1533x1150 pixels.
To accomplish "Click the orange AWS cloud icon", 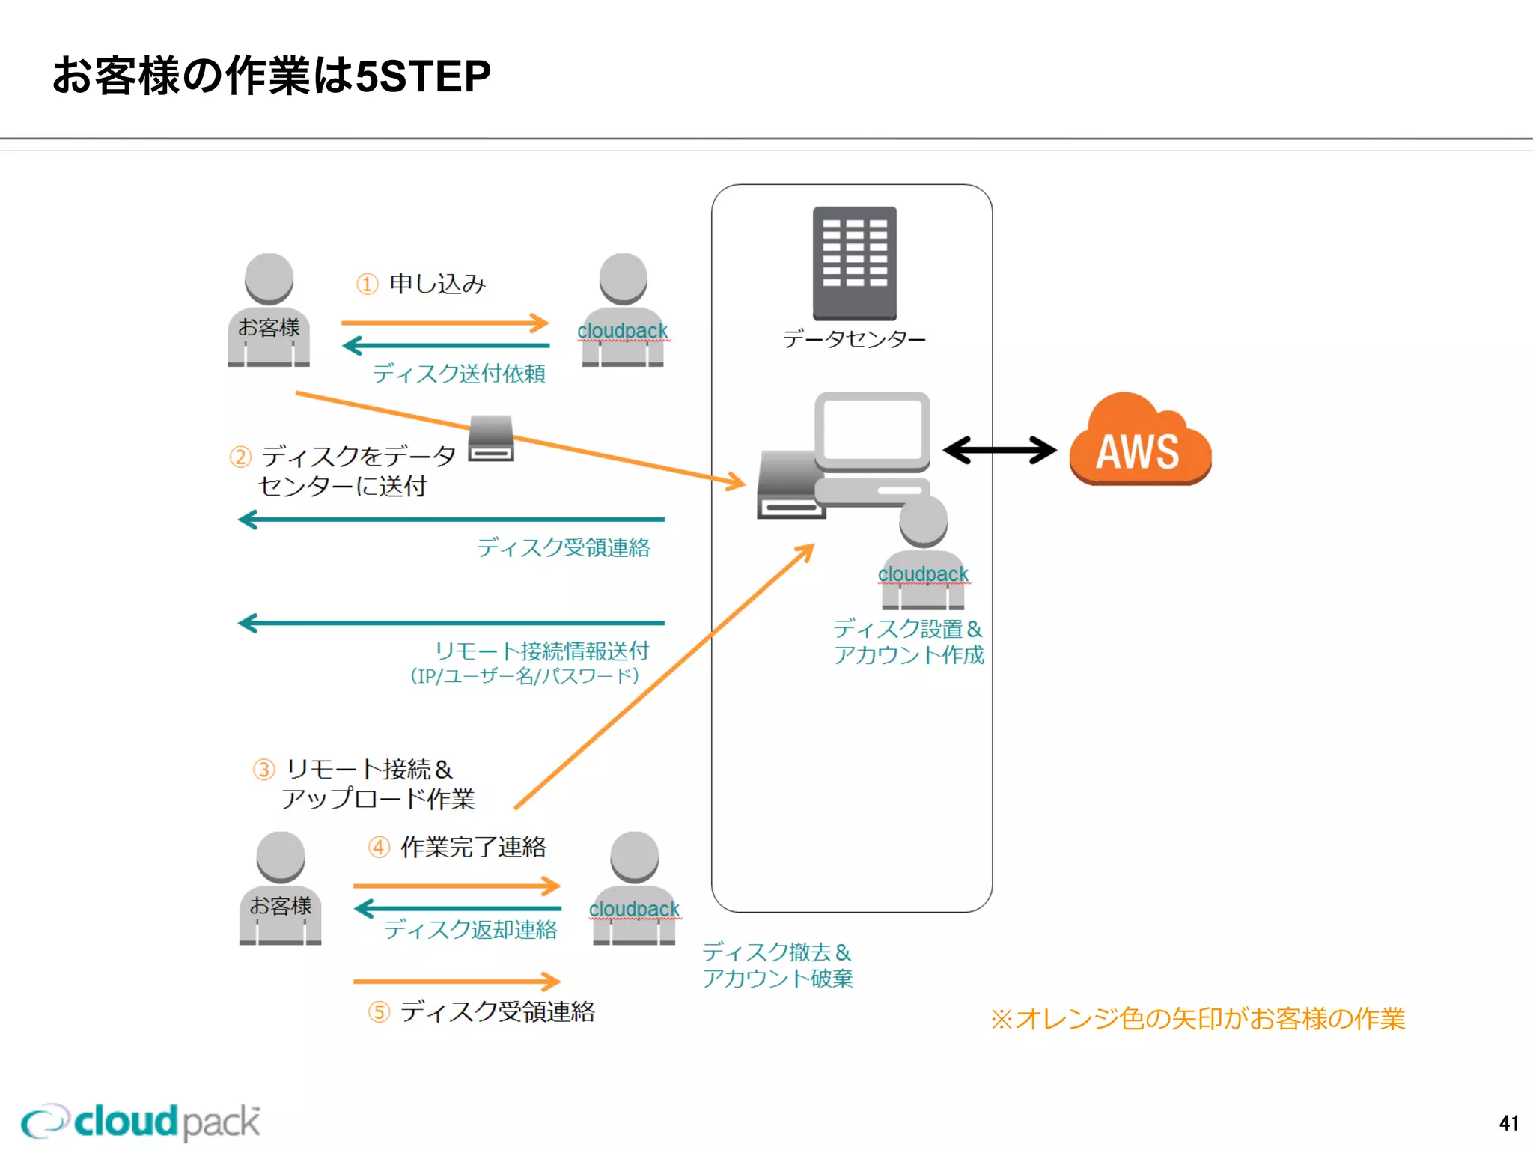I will (x=1139, y=442).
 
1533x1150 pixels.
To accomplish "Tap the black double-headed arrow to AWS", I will (x=999, y=451).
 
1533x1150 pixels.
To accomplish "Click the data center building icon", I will (x=854, y=262).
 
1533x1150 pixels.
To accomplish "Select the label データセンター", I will (x=854, y=339).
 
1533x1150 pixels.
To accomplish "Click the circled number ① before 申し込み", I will (x=367, y=285).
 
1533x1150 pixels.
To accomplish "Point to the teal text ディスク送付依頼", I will (x=459, y=373).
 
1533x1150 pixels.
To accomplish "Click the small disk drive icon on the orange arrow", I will (x=491, y=439).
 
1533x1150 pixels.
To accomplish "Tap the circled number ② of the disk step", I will (x=240, y=457).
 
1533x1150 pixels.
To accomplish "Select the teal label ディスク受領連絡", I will (x=563, y=547).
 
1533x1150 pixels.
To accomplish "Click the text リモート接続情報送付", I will (x=542, y=650).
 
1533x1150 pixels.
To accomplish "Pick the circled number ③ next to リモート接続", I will (x=263, y=770).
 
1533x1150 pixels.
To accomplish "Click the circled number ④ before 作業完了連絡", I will (x=379, y=848).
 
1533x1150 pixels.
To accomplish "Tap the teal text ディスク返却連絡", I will (x=471, y=929).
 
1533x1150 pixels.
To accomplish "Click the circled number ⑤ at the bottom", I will (x=379, y=1012).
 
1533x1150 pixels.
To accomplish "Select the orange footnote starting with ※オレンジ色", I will (x=1197, y=1019).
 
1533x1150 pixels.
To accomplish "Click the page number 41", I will (x=1508, y=1123).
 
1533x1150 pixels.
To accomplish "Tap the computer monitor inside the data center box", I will (x=872, y=431).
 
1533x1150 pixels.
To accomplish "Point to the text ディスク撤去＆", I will (x=776, y=952).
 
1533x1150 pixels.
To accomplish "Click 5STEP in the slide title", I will (x=423, y=76).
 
